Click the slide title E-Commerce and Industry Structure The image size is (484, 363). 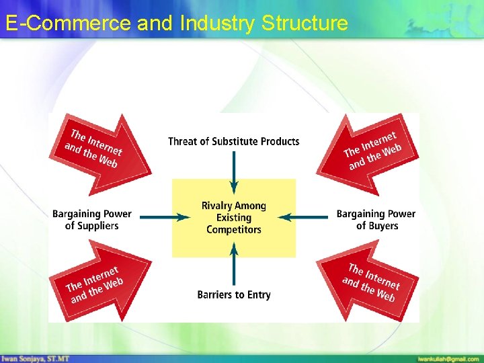click(176, 24)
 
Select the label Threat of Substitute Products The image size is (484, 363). click(233, 141)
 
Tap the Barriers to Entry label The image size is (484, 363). click(234, 294)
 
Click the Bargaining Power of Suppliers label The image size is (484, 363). click(92, 220)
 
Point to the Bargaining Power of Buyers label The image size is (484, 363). click(376, 220)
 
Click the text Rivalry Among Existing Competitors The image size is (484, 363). click(234, 218)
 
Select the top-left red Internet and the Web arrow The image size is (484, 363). click(97, 148)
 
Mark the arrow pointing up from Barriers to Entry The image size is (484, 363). click(234, 265)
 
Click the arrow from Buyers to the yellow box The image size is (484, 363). click(303, 217)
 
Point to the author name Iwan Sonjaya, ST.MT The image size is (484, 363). click(35, 358)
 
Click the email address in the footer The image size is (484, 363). click(448, 359)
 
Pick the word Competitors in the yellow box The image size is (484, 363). click(234, 230)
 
